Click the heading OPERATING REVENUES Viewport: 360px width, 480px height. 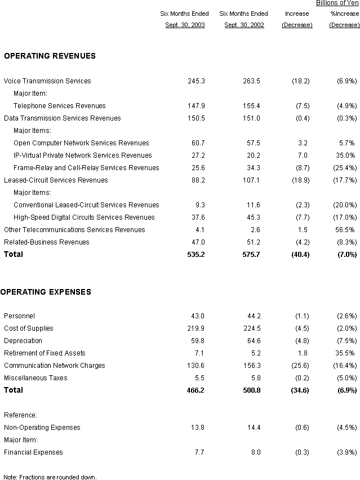click(x=50, y=56)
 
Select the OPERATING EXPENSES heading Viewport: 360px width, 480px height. click(x=46, y=292)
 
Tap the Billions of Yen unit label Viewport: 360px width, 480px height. click(x=337, y=3)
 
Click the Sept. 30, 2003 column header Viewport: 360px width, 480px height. click(x=185, y=25)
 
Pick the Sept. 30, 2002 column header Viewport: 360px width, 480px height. click(x=245, y=25)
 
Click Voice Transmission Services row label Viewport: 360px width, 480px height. click(x=47, y=81)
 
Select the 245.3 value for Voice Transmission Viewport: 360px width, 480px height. click(x=196, y=81)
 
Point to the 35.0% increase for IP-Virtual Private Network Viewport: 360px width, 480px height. click(x=345, y=155)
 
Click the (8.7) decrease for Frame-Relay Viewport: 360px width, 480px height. click(x=303, y=168)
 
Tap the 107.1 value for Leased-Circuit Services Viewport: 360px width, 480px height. click(x=251, y=180)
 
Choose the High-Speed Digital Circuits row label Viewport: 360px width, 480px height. click(x=84, y=217)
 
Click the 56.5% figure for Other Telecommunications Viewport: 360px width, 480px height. click(x=345, y=230)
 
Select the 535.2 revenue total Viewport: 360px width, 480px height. click(x=196, y=255)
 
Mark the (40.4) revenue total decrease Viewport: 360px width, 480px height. click(x=300, y=255)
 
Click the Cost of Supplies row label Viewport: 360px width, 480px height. click(x=29, y=328)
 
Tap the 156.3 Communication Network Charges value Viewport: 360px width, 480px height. click(x=252, y=366)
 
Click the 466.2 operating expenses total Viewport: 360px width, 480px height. click(x=195, y=390)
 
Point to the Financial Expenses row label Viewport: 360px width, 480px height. click(x=33, y=452)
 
